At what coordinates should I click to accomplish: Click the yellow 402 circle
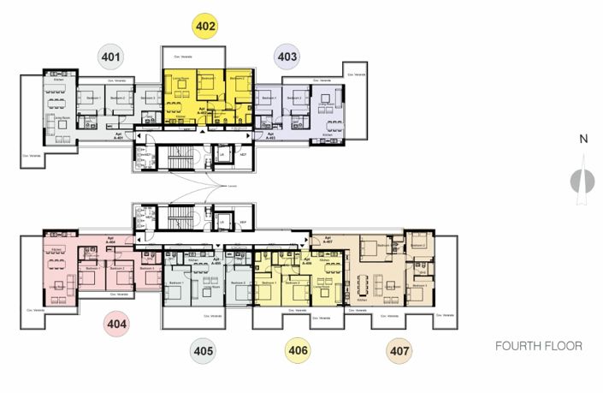[205, 24]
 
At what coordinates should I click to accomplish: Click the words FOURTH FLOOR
[539, 347]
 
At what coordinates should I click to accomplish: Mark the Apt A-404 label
[110, 241]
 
